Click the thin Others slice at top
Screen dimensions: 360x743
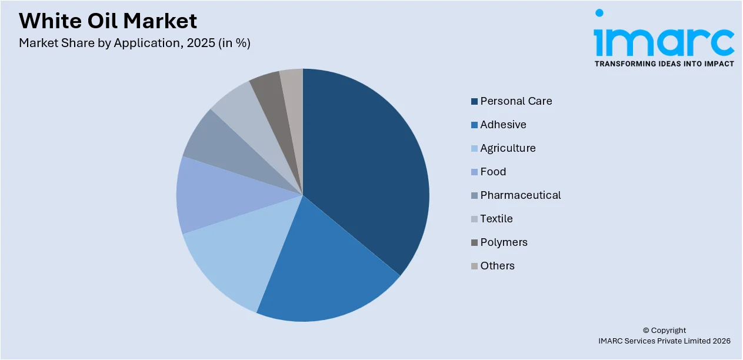tap(292, 88)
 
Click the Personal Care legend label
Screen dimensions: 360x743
tap(516, 101)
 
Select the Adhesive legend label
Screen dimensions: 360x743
tap(503, 125)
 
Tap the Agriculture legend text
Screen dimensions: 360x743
tap(508, 148)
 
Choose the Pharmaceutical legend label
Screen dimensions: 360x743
tap(520, 195)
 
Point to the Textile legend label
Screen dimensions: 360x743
tap(496, 219)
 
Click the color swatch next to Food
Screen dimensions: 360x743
tap(474, 172)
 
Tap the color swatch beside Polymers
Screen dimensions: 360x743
tap(474, 243)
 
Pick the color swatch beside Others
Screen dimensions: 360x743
tap(474, 266)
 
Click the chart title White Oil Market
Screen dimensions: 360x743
tap(108, 21)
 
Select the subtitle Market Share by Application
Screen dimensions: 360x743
tap(134, 43)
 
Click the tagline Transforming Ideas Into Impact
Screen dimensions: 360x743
tap(664, 64)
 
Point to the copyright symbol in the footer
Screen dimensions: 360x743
tap(646, 331)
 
